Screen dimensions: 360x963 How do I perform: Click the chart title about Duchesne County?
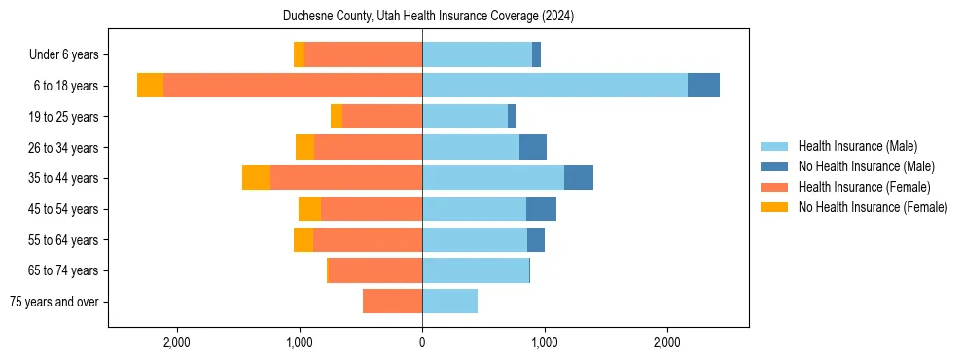(x=429, y=17)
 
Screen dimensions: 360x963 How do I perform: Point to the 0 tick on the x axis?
(x=422, y=342)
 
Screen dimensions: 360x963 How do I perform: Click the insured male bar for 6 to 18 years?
(x=554, y=86)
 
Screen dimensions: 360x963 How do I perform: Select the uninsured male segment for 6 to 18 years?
(x=703, y=86)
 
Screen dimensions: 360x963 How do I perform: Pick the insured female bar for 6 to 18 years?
(x=292, y=86)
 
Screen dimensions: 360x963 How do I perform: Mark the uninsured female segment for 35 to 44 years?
(x=256, y=178)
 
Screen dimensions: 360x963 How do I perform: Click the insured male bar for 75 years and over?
(x=449, y=302)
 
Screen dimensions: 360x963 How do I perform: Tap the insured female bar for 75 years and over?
(x=392, y=302)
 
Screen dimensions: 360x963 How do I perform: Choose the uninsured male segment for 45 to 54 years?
(x=541, y=209)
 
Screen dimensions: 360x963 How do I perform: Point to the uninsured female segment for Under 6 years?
(x=299, y=54)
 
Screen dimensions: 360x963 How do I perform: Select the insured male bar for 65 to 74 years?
(x=475, y=270)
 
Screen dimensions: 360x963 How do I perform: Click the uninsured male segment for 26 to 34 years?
(x=533, y=147)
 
